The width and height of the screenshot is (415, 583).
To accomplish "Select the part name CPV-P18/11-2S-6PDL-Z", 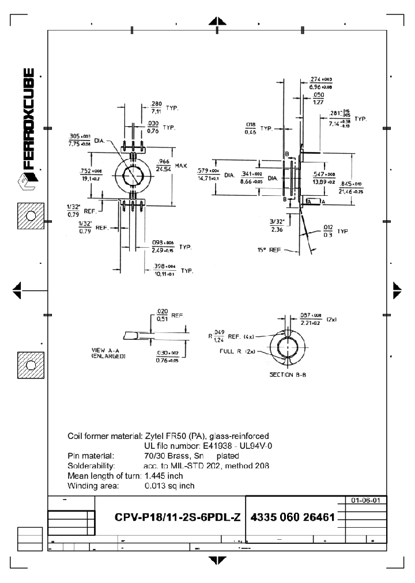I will [178, 517].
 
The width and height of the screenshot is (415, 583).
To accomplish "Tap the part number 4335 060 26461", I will [293, 517].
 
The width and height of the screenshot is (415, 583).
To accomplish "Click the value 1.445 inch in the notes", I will [164, 475].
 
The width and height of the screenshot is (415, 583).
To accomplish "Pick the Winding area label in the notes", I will [93, 486].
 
